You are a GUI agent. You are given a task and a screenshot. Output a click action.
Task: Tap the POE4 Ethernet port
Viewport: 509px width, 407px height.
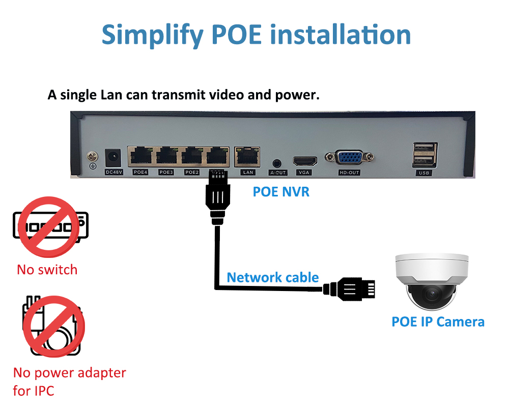(141, 156)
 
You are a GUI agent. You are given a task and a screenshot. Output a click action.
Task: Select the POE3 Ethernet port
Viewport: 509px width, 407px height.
(166, 156)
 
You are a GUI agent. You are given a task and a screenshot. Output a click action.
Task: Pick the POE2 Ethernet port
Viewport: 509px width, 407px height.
(192, 156)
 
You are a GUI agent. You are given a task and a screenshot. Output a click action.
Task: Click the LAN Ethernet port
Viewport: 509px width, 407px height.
(247, 157)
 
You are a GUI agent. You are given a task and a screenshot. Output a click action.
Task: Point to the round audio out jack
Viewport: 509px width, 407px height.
(276, 163)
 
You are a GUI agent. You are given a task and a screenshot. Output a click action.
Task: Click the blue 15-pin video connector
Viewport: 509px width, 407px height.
(349, 158)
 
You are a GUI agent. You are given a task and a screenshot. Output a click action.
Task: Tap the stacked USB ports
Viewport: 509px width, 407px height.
(425, 155)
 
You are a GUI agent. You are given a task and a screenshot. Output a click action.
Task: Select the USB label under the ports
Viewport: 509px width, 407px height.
(424, 173)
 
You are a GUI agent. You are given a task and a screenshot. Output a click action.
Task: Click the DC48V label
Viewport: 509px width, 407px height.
(114, 172)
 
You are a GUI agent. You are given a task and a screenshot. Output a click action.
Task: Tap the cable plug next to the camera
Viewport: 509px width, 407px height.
(349, 288)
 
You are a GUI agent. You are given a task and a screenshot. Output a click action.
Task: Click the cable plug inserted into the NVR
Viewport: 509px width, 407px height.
(217, 198)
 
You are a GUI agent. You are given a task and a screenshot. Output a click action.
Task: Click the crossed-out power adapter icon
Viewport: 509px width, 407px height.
(53, 326)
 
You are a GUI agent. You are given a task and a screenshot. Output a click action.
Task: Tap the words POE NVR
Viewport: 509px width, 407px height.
(281, 192)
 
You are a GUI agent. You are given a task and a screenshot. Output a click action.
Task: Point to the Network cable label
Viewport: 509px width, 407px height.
(273, 277)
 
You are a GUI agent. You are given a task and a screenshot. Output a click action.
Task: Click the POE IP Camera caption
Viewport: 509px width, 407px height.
(438, 322)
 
